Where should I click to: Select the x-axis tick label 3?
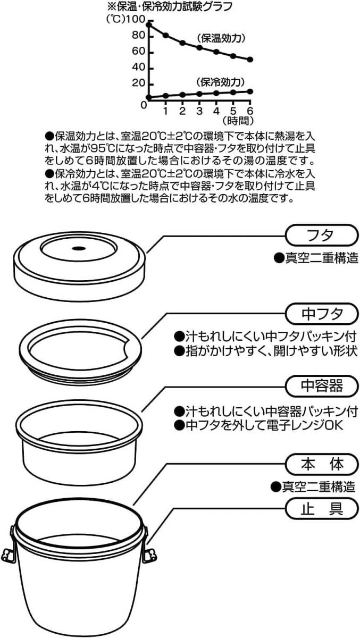tap(199, 111)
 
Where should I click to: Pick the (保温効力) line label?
tap(220, 39)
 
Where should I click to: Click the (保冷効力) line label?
tap(220, 82)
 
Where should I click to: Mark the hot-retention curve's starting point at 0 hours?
tap(149, 24)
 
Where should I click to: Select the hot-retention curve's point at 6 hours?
tap(250, 60)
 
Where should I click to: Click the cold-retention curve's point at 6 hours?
tap(250, 91)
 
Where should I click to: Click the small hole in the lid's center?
tap(78, 248)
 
